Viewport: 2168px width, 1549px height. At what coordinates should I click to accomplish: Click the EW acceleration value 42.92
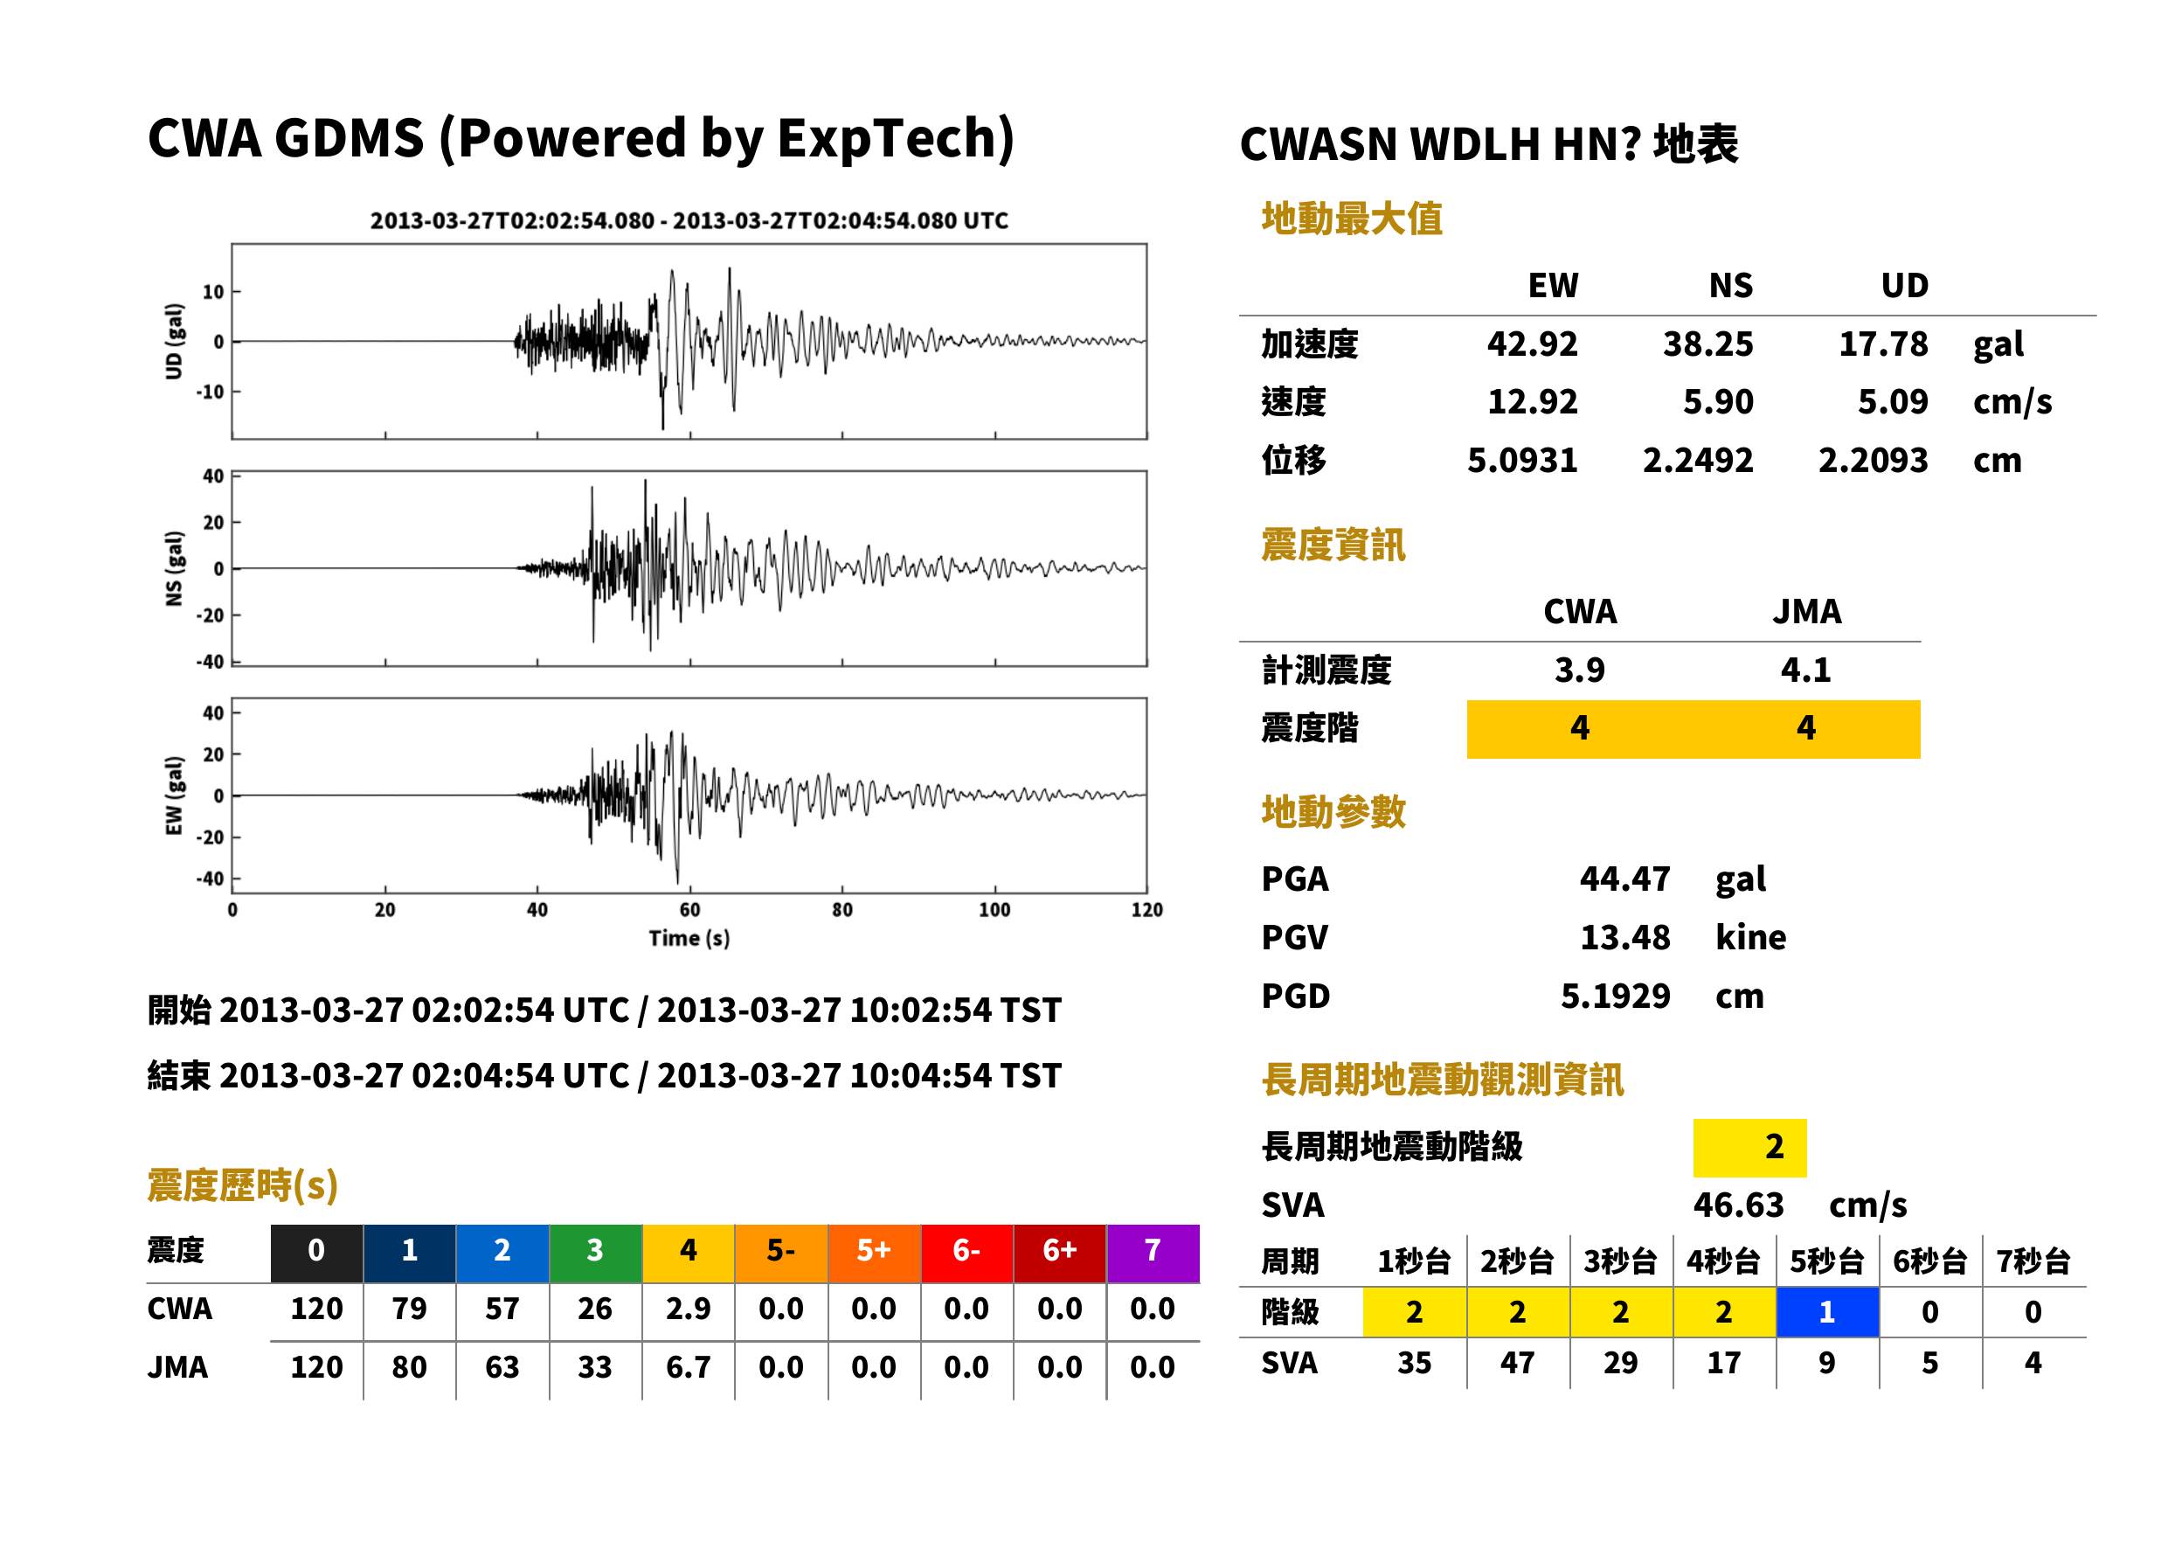click(x=1531, y=344)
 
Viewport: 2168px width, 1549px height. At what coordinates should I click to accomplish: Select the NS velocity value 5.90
click(x=1717, y=401)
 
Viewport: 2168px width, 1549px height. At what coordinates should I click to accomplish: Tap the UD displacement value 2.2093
click(x=1873, y=460)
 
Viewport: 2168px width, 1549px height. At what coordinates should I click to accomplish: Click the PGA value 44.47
click(x=1624, y=879)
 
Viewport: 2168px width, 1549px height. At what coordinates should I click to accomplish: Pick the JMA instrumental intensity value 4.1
click(x=1805, y=670)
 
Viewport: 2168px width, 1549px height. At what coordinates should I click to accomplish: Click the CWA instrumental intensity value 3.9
click(x=1580, y=670)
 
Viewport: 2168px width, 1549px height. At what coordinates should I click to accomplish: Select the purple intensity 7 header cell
click(x=1153, y=1249)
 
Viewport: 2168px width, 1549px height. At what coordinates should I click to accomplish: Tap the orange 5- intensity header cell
click(x=781, y=1249)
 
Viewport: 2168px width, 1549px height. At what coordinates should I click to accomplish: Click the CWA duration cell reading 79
click(x=409, y=1309)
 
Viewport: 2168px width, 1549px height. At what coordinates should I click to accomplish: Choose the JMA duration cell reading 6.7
click(x=688, y=1367)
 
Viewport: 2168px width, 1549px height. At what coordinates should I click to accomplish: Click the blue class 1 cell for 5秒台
click(x=1826, y=1311)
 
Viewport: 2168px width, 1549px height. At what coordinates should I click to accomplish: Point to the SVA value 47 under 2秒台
click(x=1517, y=1362)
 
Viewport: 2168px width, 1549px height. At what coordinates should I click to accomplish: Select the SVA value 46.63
click(x=1738, y=1205)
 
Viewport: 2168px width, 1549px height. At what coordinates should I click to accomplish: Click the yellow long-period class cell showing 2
click(x=1749, y=1148)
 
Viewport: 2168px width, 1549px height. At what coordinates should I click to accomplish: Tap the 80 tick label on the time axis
click(x=842, y=910)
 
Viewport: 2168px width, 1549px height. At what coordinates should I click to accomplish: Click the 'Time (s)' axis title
click(x=689, y=938)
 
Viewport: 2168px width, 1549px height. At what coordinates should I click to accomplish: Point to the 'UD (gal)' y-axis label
click(x=174, y=342)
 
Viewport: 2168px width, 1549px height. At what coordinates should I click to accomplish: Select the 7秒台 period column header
click(x=2033, y=1261)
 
